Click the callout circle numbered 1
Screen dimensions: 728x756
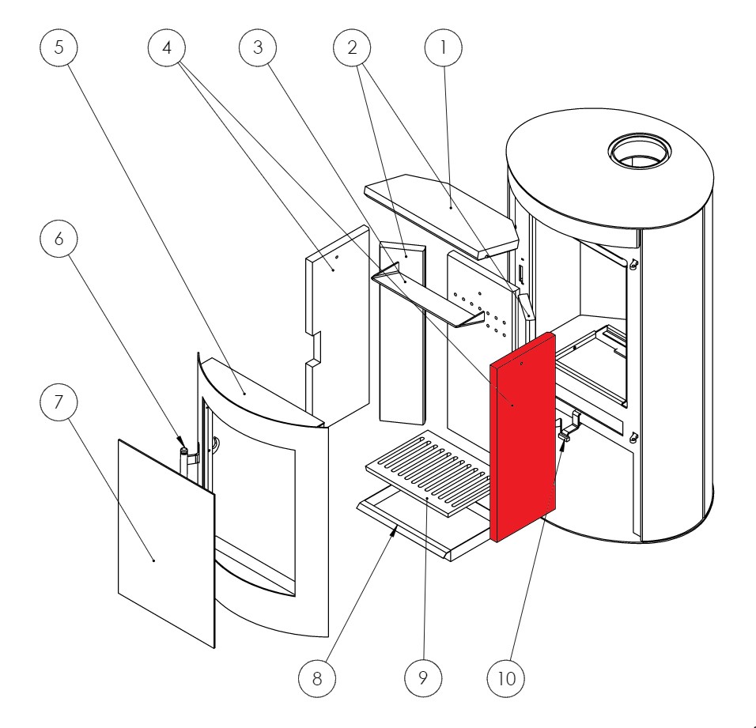click(x=444, y=47)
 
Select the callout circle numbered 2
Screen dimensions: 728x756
click(x=353, y=47)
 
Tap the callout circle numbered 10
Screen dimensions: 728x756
click(x=516, y=678)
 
